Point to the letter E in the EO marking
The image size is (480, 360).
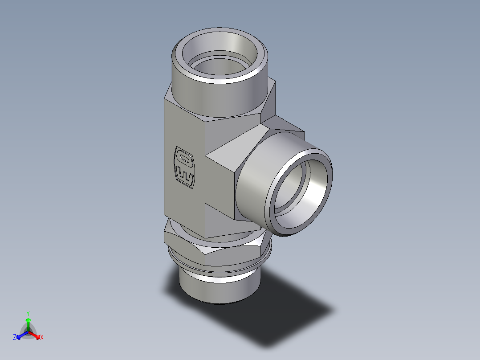pyautogui.click(x=186, y=177)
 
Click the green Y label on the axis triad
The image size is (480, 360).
pyautogui.click(x=28, y=313)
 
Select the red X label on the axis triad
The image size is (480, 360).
pyautogui.click(x=42, y=338)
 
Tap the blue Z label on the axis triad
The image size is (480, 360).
pyautogui.click(x=15, y=338)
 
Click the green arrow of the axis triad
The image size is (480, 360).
pyautogui.click(x=28, y=323)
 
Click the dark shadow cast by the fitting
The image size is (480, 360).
pyautogui.click(x=285, y=312)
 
